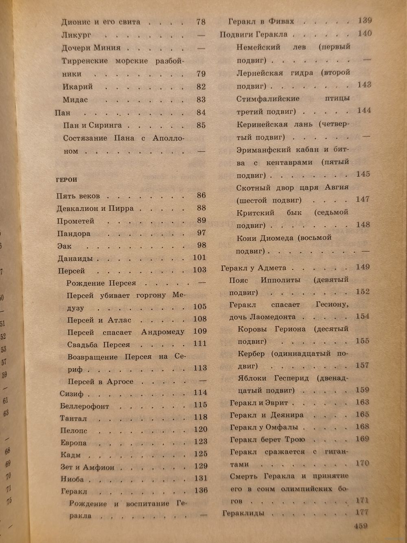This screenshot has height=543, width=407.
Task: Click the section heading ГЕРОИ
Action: click(66, 180)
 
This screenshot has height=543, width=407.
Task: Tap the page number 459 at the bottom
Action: click(361, 525)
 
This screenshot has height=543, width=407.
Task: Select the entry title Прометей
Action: click(76, 221)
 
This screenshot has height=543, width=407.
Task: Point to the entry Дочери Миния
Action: click(91, 48)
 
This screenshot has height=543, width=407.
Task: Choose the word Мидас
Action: click(75, 100)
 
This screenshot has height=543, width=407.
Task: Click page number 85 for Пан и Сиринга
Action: click(201, 125)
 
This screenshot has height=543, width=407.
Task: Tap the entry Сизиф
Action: click(72, 394)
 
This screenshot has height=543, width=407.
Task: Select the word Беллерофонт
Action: click(85, 406)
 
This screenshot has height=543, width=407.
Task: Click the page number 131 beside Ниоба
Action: click(200, 478)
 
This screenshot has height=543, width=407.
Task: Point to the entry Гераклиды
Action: click(243, 513)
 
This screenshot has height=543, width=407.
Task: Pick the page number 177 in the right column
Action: click(361, 512)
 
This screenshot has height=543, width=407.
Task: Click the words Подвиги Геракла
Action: click(254, 35)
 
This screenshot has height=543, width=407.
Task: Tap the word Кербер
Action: click(251, 354)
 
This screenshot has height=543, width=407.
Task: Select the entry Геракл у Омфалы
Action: click(264, 427)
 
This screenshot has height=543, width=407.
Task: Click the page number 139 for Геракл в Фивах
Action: click(365, 20)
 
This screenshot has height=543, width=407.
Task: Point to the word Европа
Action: click(74, 443)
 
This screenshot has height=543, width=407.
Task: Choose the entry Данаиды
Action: click(75, 259)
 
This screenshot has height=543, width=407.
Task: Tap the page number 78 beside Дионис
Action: click(201, 22)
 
